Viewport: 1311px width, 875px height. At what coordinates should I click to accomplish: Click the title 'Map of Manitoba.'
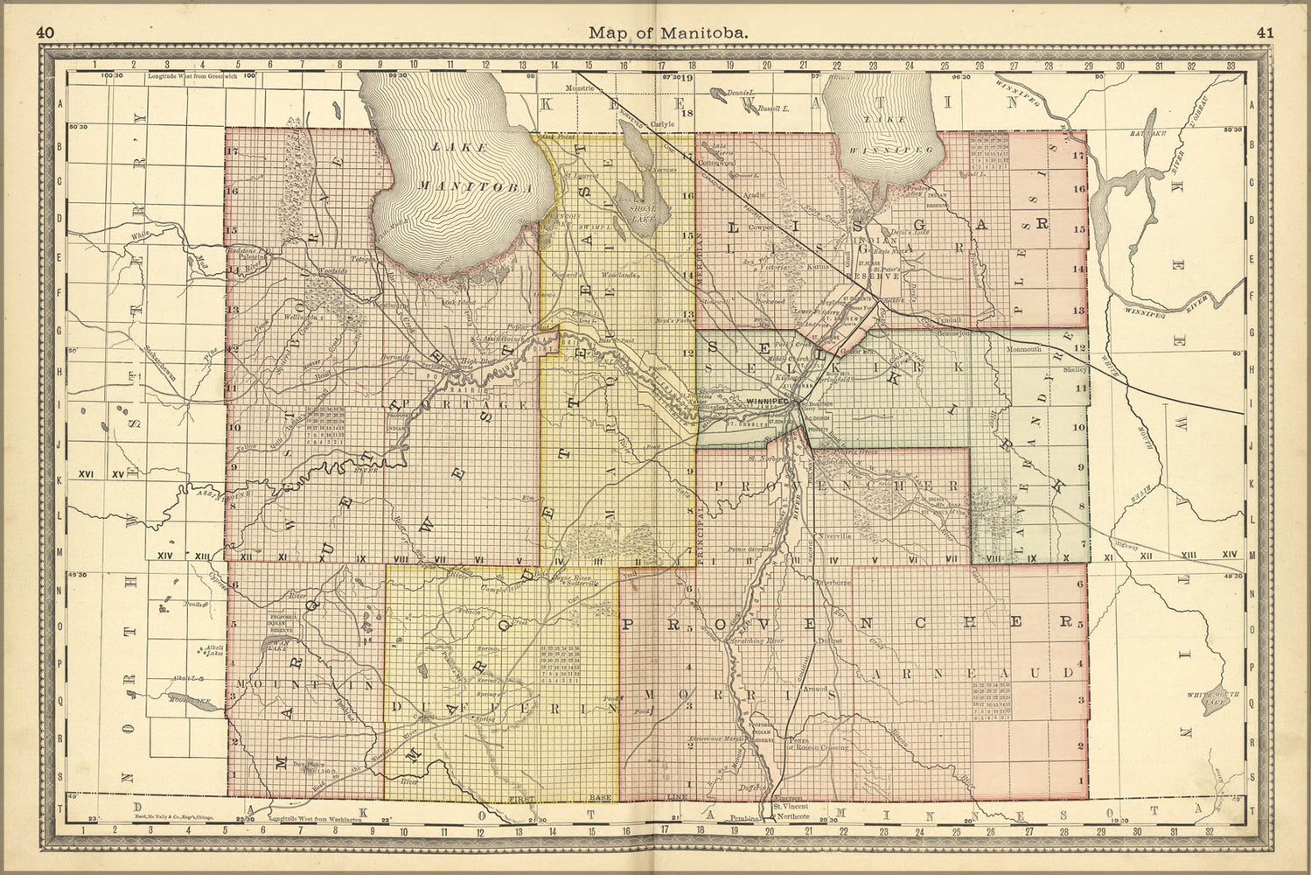point(668,32)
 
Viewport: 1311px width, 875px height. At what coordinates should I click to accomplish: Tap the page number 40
point(46,32)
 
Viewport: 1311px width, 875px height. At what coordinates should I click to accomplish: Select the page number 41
point(1265,32)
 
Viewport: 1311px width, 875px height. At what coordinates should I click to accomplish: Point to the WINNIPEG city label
point(768,401)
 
